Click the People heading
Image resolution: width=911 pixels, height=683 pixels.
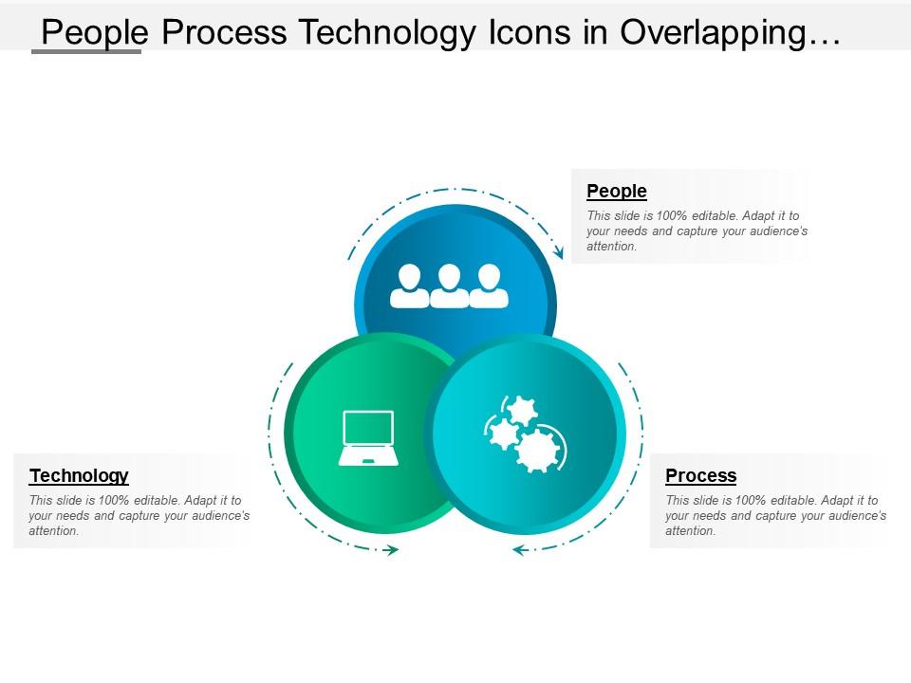pos(617,192)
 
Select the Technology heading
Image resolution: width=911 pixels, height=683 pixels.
pos(79,476)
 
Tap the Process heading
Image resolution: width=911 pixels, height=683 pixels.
pos(700,476)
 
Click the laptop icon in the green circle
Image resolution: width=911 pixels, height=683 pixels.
pos(368,438)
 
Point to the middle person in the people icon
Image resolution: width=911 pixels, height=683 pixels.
pos(450,286)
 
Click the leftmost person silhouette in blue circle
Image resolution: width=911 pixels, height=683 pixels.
pos(410,286)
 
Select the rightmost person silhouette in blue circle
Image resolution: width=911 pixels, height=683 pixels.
pos(489,286)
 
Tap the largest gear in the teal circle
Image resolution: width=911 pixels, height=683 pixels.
pos(537,451)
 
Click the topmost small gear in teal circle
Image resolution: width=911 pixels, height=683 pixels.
pos(520,411)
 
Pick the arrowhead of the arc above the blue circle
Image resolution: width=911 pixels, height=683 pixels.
pos(559,253)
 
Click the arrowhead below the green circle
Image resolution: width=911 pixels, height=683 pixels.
pos(390,550)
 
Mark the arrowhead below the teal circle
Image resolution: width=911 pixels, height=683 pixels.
pos(519,550)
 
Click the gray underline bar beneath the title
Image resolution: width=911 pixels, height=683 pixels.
pos(86,51)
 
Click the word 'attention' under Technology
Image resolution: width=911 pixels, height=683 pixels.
pos(54,531)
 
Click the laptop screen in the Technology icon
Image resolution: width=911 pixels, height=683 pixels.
pos(368,429)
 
